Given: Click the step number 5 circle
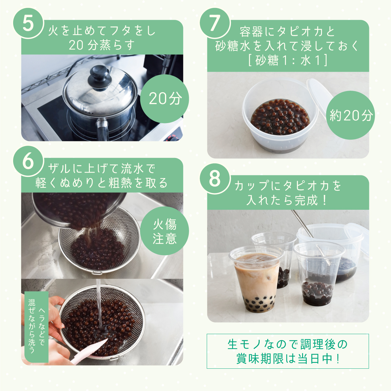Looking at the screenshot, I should pos(28,23).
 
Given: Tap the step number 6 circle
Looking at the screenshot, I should pos(28,161).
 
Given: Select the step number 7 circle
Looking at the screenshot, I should pos(215,23).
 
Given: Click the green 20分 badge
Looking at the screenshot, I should pos(165,99).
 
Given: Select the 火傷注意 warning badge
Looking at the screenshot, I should pos(165,231).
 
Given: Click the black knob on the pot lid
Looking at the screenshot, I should pos(99,76).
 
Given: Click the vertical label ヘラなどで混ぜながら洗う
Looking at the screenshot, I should pos(36,327).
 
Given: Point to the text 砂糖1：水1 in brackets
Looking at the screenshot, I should pos(288,60).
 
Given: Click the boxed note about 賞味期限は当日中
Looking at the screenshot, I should pos(288,351).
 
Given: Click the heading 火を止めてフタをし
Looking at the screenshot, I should pos(102,31).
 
